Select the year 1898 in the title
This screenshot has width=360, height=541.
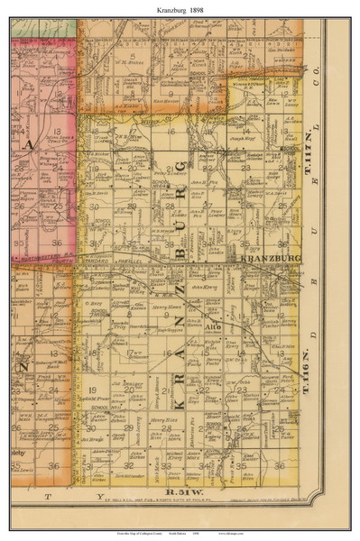[x=200, y=8]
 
